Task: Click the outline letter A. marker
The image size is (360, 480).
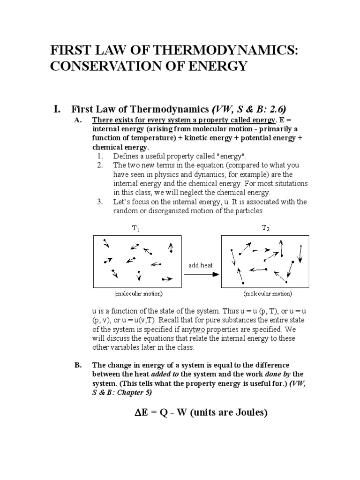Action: pyautogui.click(x=78, y=120)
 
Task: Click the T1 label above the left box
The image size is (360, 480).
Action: pyautogui.click(x=135, y=229)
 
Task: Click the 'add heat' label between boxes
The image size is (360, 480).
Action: pyautogui.click(x=201, y=265)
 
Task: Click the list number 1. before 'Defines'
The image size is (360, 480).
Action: pyautogui.click(x=101, y=156)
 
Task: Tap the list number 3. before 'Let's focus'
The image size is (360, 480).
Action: pyautogui.click(x=101, y=202)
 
